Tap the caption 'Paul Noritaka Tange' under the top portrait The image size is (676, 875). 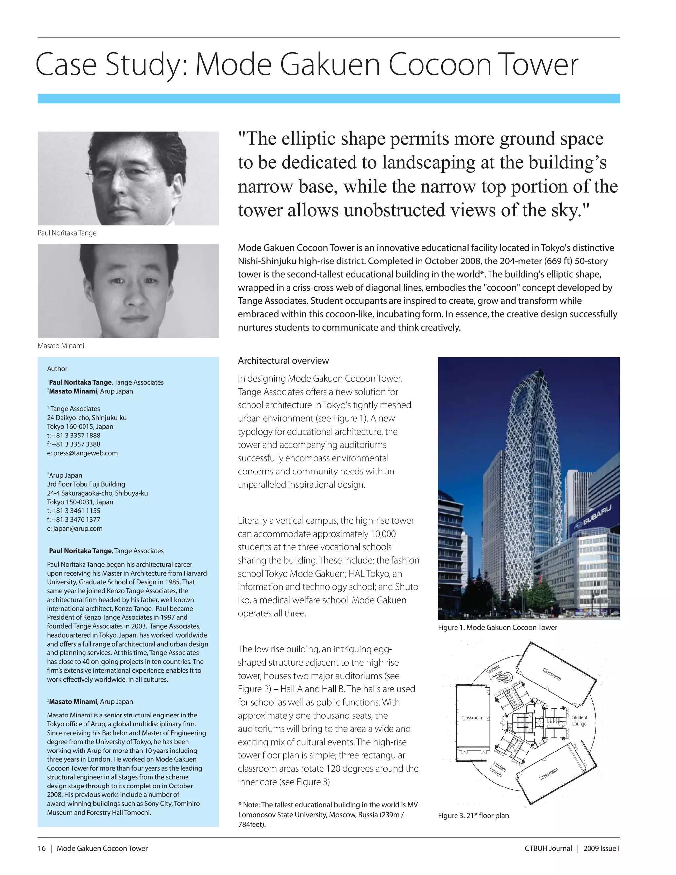[67, 233]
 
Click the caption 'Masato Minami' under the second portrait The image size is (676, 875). [60, 345]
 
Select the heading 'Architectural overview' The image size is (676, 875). [283, 361]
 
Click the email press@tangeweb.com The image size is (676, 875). [82, 453]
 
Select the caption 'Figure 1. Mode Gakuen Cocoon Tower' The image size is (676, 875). [497, 627]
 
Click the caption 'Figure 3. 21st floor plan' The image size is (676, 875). [473, 815]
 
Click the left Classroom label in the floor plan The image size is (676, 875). [471, 717]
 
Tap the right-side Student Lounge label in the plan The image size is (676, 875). [579, 720]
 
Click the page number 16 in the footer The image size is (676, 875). [42, 848]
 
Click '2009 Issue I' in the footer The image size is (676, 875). [601, 848]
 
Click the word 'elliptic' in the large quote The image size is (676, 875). [308, 139]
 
